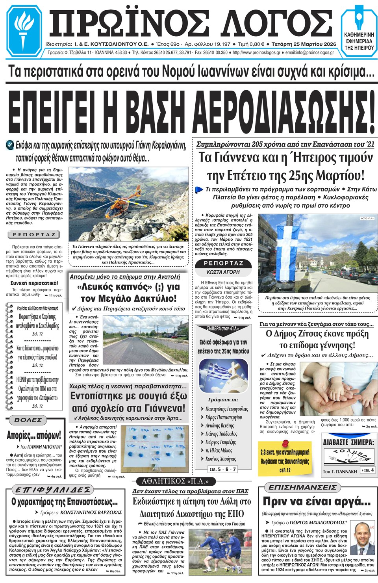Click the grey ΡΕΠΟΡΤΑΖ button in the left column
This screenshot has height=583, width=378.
34,235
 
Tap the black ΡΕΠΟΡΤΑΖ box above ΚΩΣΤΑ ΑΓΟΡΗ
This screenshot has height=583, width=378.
224,263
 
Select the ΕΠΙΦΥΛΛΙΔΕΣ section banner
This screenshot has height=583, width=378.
53,490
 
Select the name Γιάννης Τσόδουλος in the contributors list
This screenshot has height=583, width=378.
222,434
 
